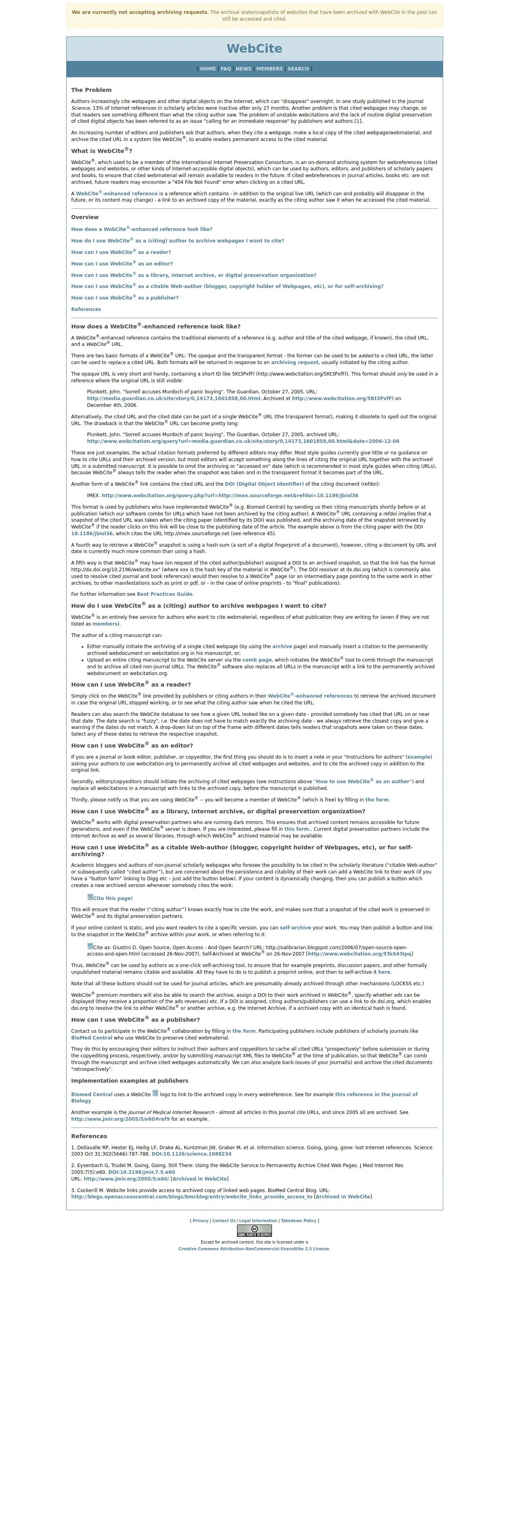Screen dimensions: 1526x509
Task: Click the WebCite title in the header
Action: [254, 49]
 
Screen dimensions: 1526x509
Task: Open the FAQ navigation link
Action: [226, 69]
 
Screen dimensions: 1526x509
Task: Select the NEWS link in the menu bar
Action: [243, 69]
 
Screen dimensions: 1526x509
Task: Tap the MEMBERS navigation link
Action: [269, 69]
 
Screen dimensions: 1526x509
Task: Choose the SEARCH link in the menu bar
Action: [298, 69]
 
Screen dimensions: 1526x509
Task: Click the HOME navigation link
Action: [208, 69]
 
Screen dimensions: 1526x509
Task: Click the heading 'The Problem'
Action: [91, 90]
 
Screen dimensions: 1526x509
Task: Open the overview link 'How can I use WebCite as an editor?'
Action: [122, 263]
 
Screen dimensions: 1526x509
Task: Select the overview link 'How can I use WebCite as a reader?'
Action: [121, 252]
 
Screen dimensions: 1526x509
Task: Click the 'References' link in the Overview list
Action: [86, 309]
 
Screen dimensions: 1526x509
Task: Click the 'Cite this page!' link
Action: [113, 898]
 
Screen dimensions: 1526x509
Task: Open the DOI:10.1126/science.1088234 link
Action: [191, 1154]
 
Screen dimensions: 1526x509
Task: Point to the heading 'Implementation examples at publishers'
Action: [130, 1081]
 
